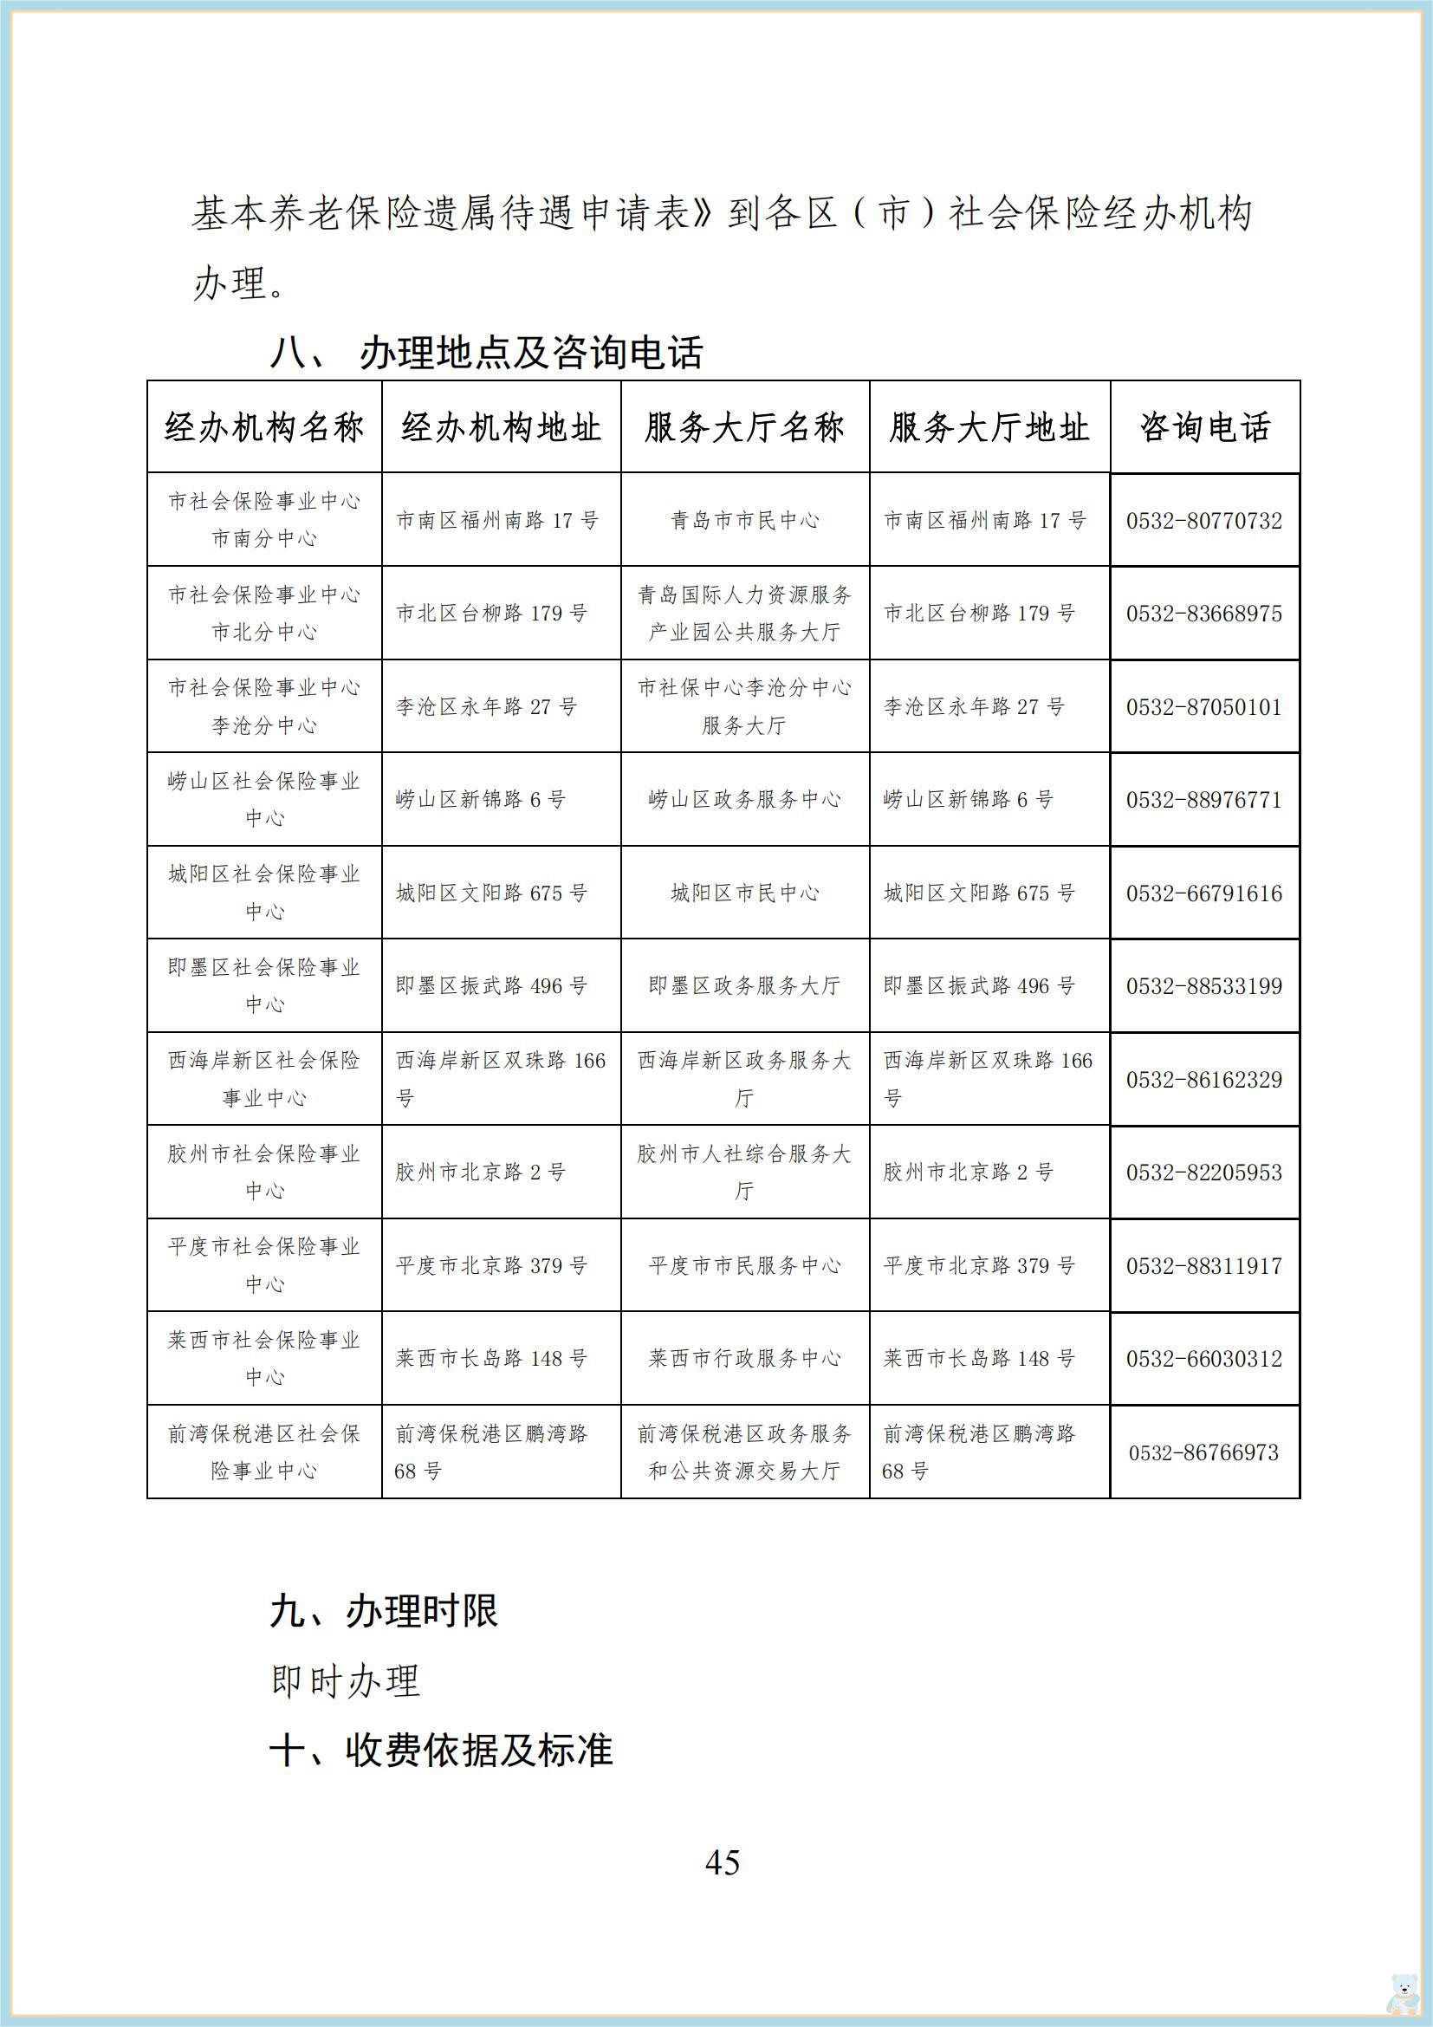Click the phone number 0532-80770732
pos(1203,521)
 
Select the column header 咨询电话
pos(1204,428)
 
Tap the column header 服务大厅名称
pos(745,428)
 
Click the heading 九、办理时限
pos(384,1611)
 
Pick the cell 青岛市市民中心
pos(745,521)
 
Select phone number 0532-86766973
pos(1203,1452)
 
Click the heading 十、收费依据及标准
pos(440,1751)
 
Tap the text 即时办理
pos(345,1681)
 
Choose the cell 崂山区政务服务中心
pos(745,800)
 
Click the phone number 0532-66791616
pos(1203,893)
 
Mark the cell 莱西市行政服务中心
pos(745,1359)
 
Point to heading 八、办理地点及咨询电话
pos(486,353)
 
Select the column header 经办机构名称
pos(264,428)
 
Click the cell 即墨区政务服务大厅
pos(745,986)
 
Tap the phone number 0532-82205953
pos(1203,1173)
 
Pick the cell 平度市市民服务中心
pos(745,1266)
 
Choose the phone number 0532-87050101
pos(1203,707)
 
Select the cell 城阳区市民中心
pos(745,893)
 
